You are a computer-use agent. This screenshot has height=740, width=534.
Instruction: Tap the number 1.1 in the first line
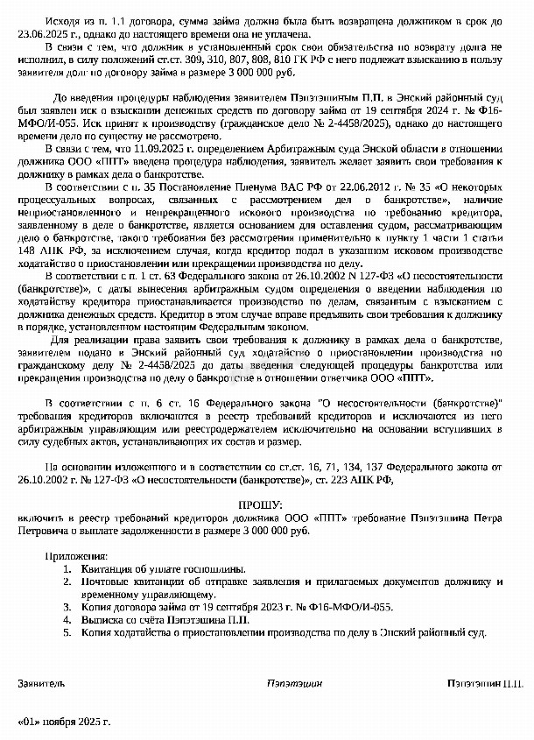coord(116,18)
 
